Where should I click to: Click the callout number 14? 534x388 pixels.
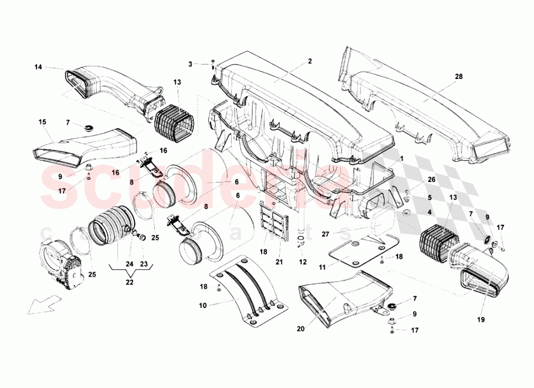pyautogui.click(x=38, y=67)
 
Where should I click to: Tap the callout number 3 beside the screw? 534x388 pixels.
pyautogui.click(x=190, y=65)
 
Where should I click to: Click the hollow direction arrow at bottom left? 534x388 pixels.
pyautogui.click(x=40, y=307)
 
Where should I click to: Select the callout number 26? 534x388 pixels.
pyautogui.click(x=431, y=180)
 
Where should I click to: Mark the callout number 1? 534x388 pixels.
pyautogui.click(x=402, y=159)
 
